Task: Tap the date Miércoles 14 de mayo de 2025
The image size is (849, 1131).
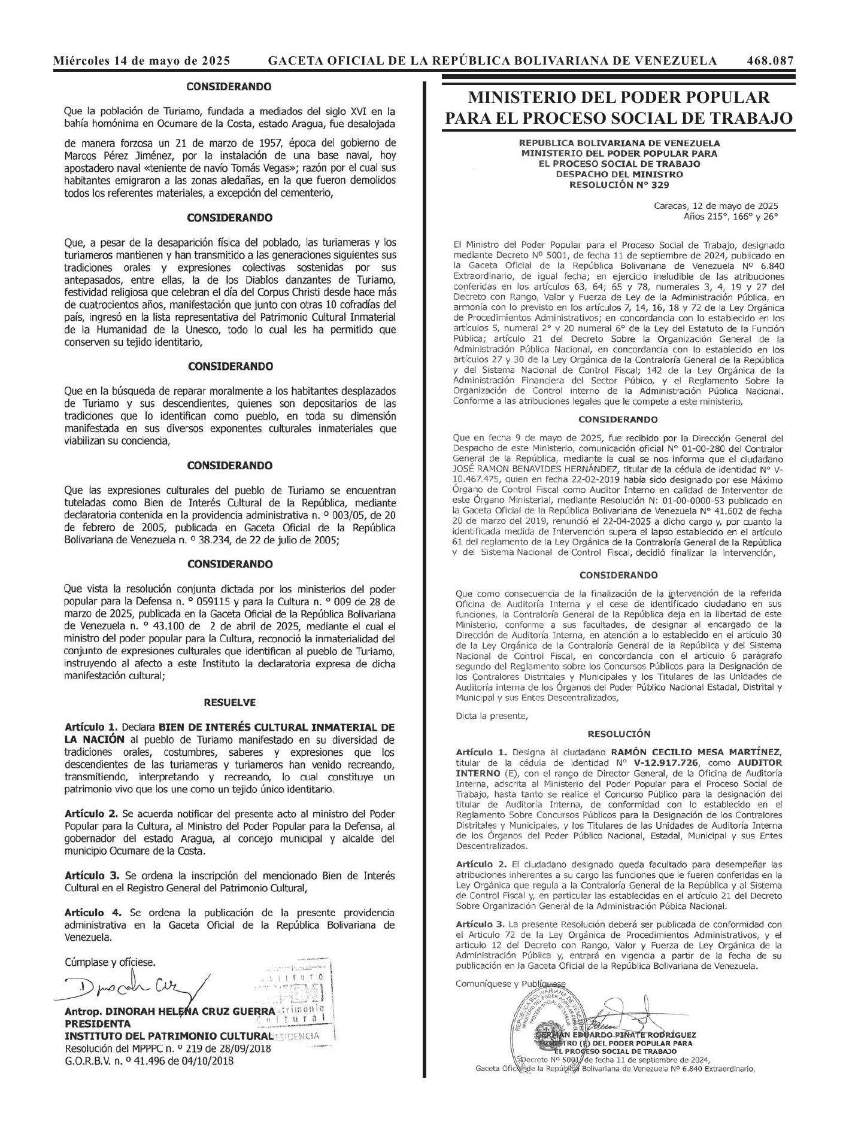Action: pyautogui.click(x=142, y=60)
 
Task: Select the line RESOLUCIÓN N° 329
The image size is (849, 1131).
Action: pyautogui.click(x=619, y=185)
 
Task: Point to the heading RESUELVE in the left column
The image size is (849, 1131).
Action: pyautogui.click(x=229, y=703)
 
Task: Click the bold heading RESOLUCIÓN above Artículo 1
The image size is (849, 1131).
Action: pyautogui.click(x=618, y=734)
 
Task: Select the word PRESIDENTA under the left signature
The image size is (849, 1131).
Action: pyautogui.click(x=98, y=1023)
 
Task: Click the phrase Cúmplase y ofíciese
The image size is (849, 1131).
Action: pyautogui.click(x=110, y=962)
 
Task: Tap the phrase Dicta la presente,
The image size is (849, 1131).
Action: pyautogui.click(x=492, y=715)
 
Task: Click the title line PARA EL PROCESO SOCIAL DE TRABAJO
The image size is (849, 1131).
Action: pyautogui.click(x=618, y=118)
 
